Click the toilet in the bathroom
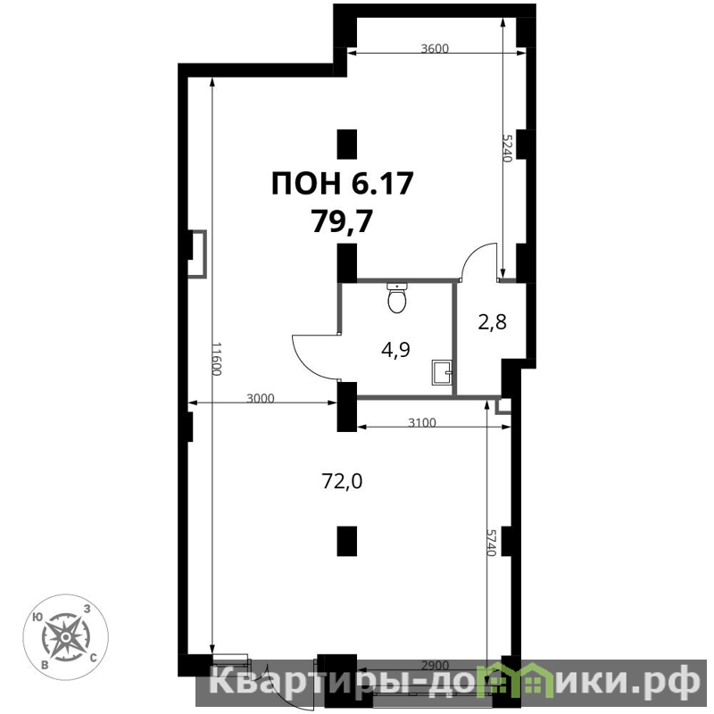point(397,298)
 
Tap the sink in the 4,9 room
point(442,372)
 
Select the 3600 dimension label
point(435,48)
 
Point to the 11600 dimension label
point(217,359)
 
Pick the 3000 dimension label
point(261,398)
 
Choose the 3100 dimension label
point(422,423)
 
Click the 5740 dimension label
point(491,543)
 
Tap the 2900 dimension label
point(435,666)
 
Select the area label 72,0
point(342,481)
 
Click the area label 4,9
point(395,350)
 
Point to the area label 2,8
point(493,322)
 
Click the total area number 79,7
point(343,221)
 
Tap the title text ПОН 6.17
point(343,183)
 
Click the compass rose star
point(65,636)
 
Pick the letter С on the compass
point(93,657)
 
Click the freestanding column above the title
point(346,144)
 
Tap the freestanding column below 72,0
point(346,541)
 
